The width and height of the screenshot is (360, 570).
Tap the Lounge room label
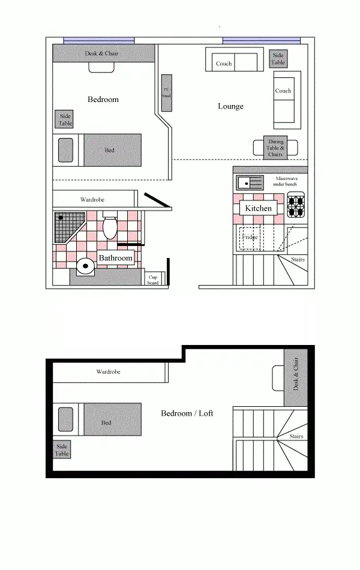coord(230,106)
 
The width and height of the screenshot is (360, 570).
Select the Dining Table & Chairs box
coord(275,148)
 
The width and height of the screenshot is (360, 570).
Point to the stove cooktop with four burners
coord(296,205)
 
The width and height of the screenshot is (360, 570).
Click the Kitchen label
coord(258,208)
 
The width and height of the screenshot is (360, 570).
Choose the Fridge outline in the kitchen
coord(250,238)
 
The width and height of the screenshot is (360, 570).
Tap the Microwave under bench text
coord(286,181)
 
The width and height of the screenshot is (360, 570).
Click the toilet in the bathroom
coord(110,227)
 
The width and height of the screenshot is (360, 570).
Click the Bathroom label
coord(115,258)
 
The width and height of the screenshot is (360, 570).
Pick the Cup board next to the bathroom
coord(153,279)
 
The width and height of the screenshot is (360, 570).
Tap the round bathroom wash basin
coord(86,265)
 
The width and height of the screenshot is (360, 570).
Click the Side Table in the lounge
coord(278,59)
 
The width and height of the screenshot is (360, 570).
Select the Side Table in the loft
coord(62,450)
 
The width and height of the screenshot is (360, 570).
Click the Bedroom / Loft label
coord(187,413)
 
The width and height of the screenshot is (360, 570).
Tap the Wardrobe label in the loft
coord(109,372)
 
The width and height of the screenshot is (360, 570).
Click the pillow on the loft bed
coord(65,418)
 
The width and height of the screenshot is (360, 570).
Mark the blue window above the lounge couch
coord(261,41)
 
